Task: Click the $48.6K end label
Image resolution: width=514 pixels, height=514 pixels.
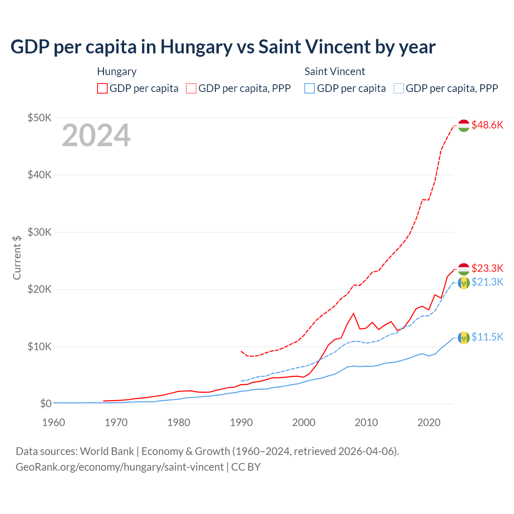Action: [x=487, y=125]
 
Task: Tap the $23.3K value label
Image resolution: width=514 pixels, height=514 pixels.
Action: [x=487, y=268]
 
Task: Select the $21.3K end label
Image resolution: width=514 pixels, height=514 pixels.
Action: [x=487, y=282]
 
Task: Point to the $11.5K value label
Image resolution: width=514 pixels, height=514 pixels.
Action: [x=487, y=337]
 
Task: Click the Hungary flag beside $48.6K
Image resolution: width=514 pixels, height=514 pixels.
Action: [x=464, y=125]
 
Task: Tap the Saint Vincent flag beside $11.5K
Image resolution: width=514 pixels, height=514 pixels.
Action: [x=464, y=338]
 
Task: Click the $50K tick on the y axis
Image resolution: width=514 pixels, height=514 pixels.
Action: [x=39, y=118]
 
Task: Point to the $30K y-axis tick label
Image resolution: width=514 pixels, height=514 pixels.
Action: [x=39, y=232]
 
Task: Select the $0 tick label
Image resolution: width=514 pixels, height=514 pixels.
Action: [x=46, y=404]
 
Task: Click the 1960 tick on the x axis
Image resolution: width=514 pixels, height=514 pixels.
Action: [x=53, y=422]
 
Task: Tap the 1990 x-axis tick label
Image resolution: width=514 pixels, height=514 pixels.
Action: [x=241, y=422]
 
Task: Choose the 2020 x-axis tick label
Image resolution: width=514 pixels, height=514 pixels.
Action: [x=429, y=422]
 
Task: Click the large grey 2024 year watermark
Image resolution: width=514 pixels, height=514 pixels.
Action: [x=96, y=135]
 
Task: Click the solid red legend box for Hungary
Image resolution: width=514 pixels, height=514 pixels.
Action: [x=102, y=88]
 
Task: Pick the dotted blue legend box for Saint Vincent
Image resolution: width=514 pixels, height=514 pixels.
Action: [x=399, y=88]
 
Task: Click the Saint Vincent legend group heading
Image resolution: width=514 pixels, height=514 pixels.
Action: [x=335, y=71]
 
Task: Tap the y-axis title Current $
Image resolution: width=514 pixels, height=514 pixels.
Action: [x=17, y=257]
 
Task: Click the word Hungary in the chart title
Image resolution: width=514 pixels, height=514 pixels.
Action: [x=196, y=47]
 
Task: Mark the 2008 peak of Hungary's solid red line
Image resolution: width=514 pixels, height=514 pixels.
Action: [x=353, y=313]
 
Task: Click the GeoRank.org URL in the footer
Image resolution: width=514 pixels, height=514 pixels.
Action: [x=120, y=467]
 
